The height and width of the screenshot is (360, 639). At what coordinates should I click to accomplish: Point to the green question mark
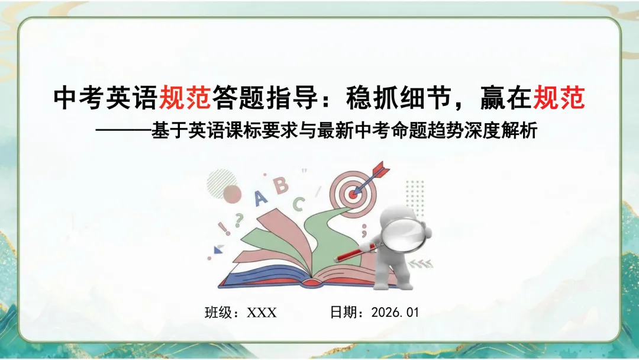coord(238,220)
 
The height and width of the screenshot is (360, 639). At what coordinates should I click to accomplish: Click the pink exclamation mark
coord(224,227)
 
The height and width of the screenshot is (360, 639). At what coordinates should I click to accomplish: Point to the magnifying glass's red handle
coord(358,251)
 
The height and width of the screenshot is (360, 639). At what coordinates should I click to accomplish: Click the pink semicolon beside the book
coord(364,227)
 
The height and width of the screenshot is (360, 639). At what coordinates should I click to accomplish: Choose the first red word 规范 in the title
coord(185,98)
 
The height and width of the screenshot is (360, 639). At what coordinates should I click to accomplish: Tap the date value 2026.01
coord(395,313)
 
